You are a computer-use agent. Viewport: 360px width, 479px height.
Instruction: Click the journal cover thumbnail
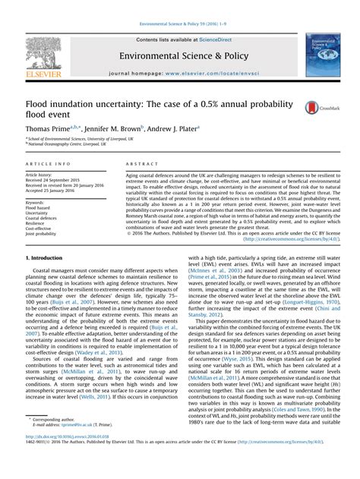[x=322, y=51]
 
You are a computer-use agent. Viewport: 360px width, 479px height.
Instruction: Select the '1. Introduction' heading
[x=44, y=258]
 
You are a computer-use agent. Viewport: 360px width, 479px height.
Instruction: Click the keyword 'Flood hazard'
[x=39, y=209]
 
